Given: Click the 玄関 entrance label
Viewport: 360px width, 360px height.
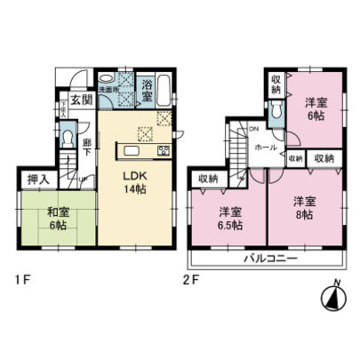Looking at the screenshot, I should [x=77, y=99].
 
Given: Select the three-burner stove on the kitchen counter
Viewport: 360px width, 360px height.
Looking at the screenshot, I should [x=164, y=150].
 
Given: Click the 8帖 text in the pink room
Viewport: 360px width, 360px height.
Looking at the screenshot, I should [x=303, y=207].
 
